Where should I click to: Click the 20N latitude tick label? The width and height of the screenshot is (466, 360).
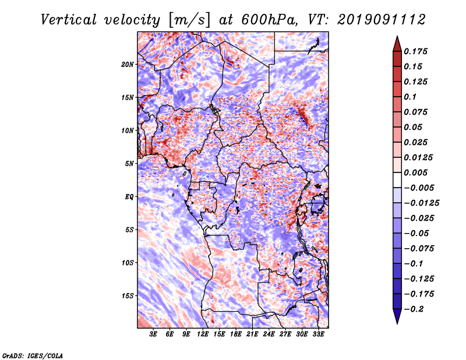(x=128, y=64)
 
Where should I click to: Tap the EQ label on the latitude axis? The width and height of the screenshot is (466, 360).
(x=129, y=196)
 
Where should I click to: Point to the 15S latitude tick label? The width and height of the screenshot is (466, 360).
(x=128, y=296)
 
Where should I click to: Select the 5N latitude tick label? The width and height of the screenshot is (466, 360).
(x=129, y=164)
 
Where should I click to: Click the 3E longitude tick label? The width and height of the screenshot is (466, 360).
(x=153, y=334)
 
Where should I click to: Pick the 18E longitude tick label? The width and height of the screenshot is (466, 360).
(x=236, y=334)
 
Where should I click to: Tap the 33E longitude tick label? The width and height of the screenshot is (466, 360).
(x=318, y=334)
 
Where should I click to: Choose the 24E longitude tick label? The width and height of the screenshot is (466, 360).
(x=269, y=334)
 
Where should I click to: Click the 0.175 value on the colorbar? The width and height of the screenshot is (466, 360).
(x=415, y=51)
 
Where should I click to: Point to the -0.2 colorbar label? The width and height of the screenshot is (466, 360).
(x=414, y=309)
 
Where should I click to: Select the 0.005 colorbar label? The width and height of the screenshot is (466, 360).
(x=415, y=172)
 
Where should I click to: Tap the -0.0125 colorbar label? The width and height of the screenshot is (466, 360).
(x=421, y=203)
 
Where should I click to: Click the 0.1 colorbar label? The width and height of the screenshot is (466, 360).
(x=410, y=97)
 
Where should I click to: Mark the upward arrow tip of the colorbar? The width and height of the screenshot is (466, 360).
(x=397, y=36)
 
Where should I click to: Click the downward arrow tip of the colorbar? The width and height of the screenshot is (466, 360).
(x=397, y=323)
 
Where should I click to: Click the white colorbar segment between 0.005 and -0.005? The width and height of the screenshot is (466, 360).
(x=397, y=180)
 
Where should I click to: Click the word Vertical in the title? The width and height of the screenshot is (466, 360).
(x=69, y=20)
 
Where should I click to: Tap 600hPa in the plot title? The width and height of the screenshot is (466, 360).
(x=270, y=20)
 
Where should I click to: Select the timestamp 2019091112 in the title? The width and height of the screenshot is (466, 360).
(x=382, y=20)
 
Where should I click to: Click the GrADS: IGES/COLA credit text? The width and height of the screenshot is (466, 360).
(x=33, y=355)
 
